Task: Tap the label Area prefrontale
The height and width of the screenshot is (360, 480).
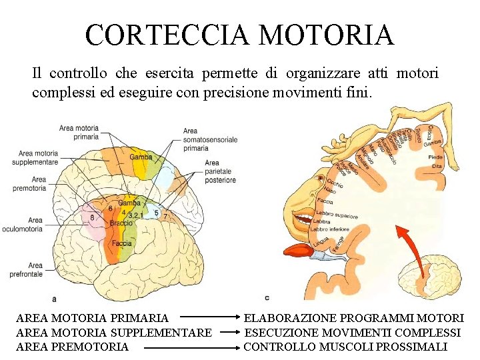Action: [x=27, y=269]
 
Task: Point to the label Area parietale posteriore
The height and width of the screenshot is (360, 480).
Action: [x=220, y=171]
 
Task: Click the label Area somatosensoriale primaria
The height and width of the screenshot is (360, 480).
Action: [x=209, y=139]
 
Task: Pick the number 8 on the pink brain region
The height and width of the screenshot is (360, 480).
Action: [x=92, y=217]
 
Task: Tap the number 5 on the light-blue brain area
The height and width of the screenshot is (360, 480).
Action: [x=156, y=213]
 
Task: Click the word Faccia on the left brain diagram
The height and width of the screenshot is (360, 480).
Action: [x=121, y=244]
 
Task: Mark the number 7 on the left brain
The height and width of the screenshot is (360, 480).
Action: [x=165, y=217]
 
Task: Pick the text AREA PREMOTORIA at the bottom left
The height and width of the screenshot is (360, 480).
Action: [x=72, y=347]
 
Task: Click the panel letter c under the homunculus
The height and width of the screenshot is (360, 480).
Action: [x=267, y=297]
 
